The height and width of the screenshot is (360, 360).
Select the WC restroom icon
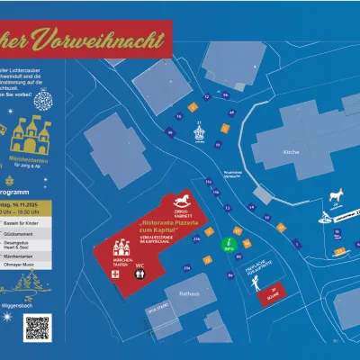click(x=139, y=267)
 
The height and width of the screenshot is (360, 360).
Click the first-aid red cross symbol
click(x=114, y=267)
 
